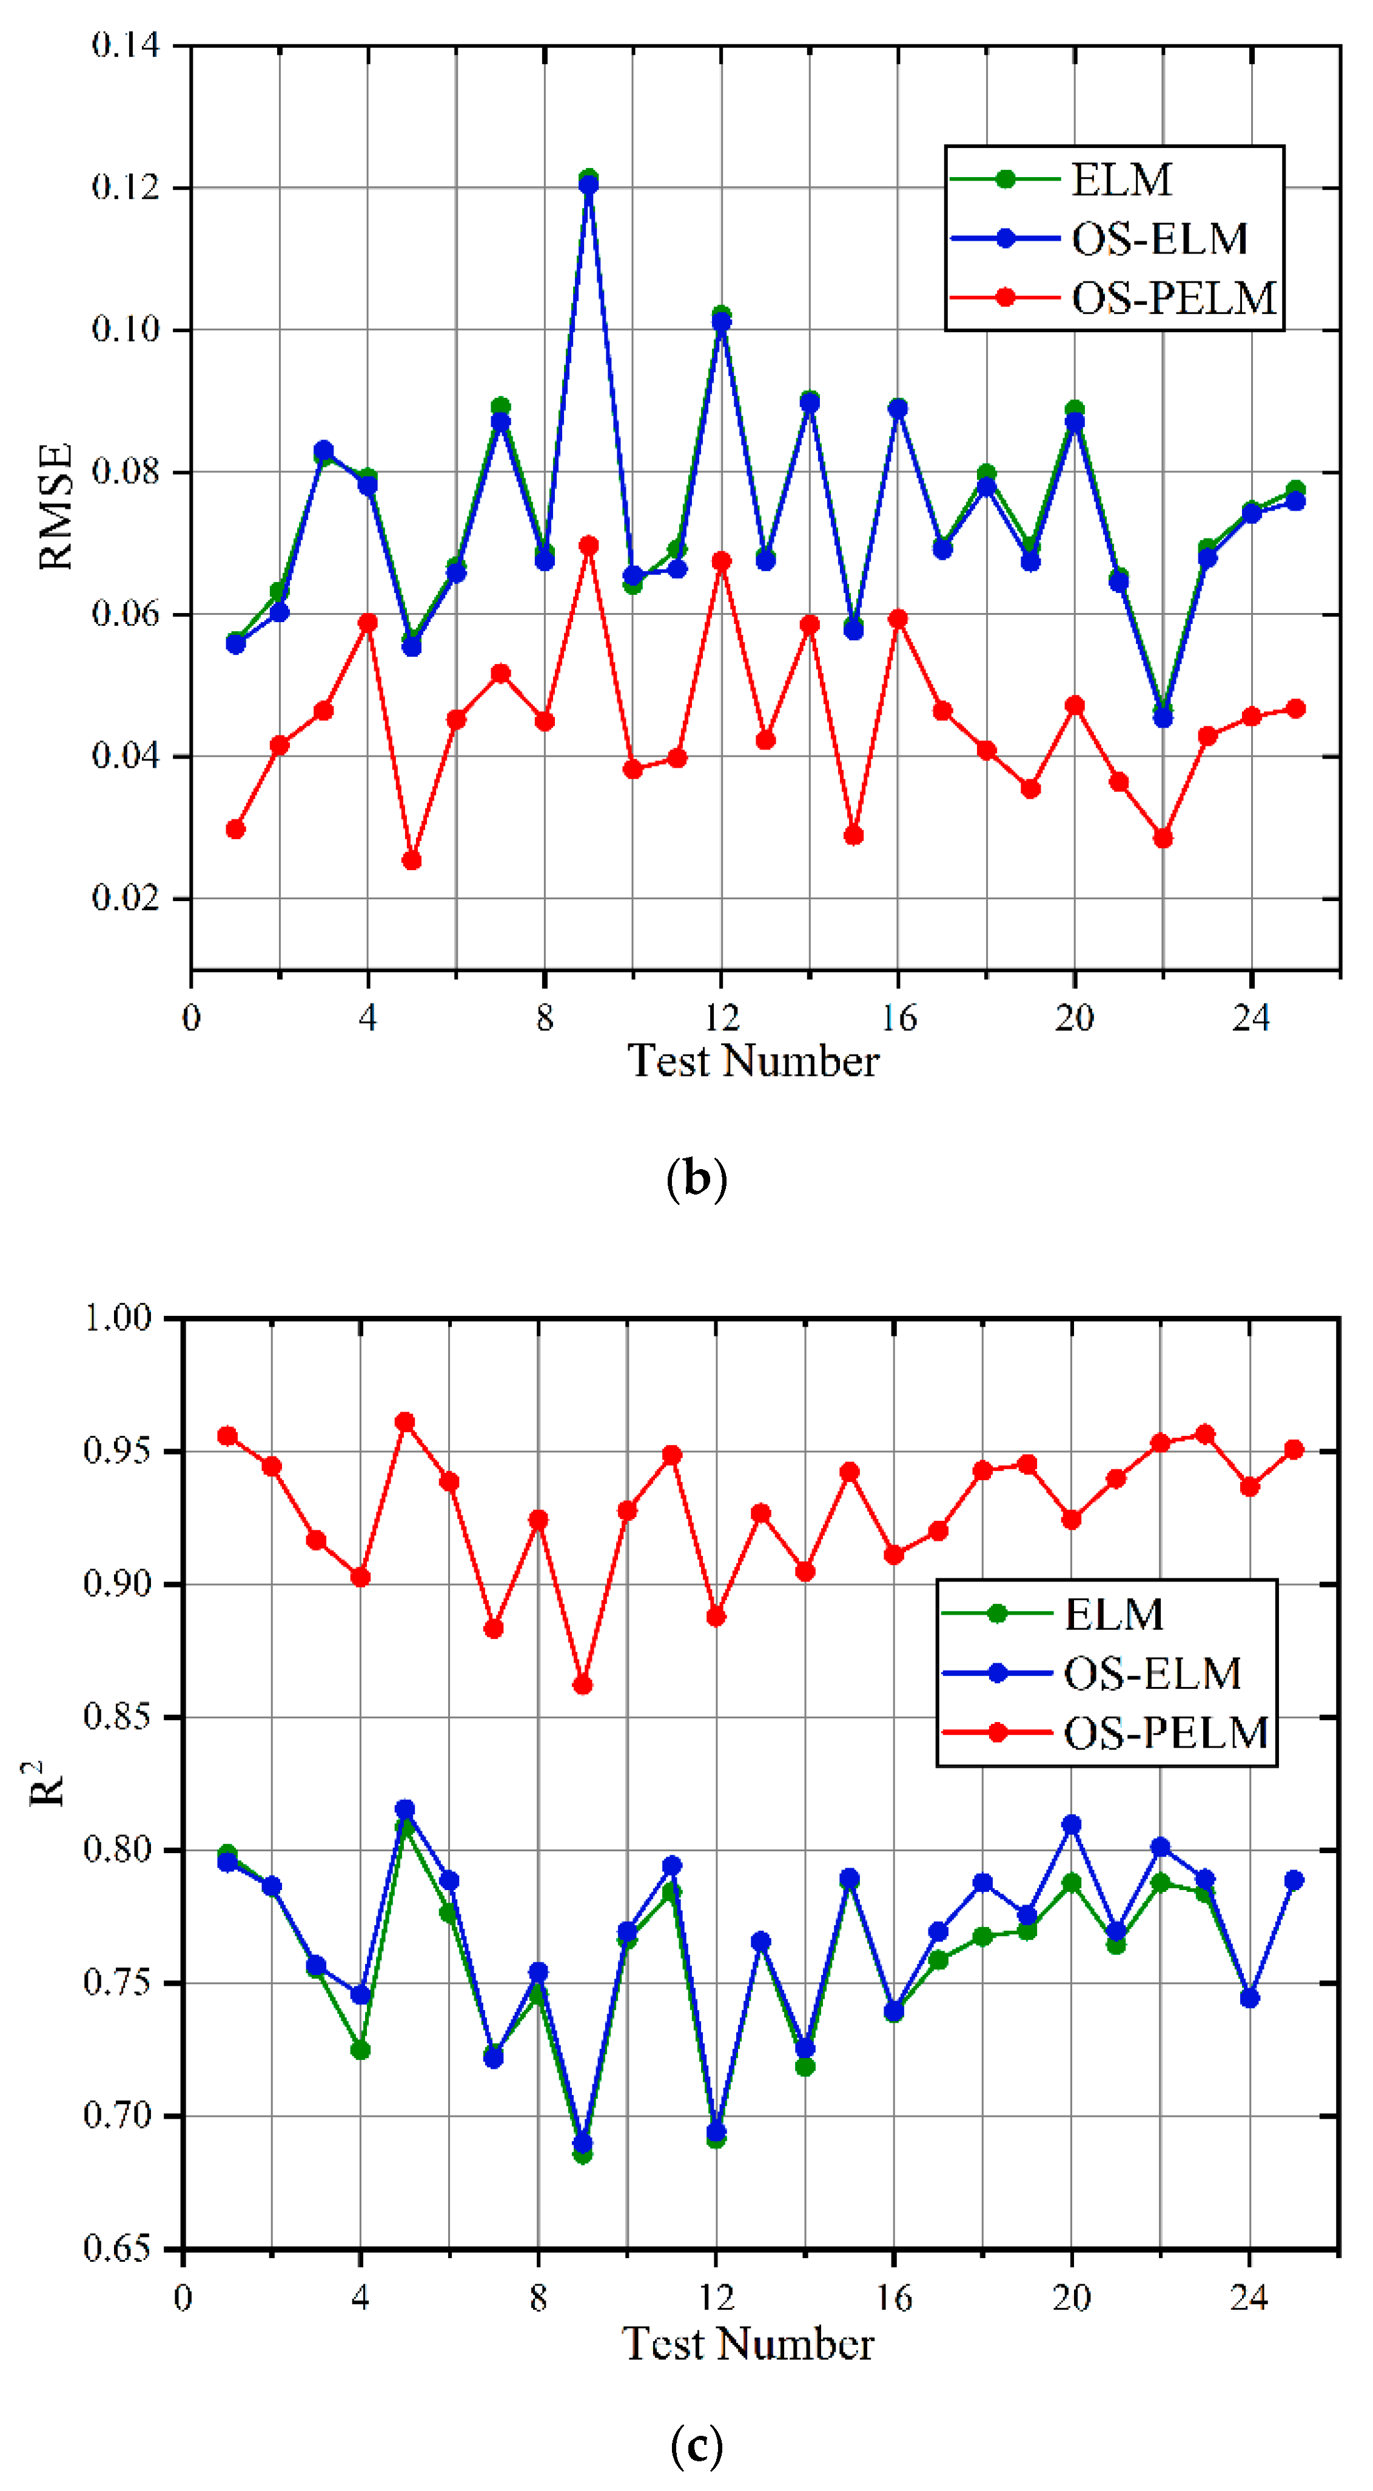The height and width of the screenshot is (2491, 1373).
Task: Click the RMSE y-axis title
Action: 55,506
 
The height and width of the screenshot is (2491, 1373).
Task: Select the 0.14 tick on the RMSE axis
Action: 126,44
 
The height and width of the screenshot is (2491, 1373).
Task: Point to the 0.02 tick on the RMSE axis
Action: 126,897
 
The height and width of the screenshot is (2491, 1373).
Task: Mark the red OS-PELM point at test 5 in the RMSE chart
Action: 412,860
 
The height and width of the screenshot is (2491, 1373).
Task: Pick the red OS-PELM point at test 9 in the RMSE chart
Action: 588,545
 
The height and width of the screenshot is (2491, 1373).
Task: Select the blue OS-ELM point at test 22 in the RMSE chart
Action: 1162,719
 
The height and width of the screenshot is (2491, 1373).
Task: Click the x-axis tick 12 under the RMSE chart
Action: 721,1018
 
